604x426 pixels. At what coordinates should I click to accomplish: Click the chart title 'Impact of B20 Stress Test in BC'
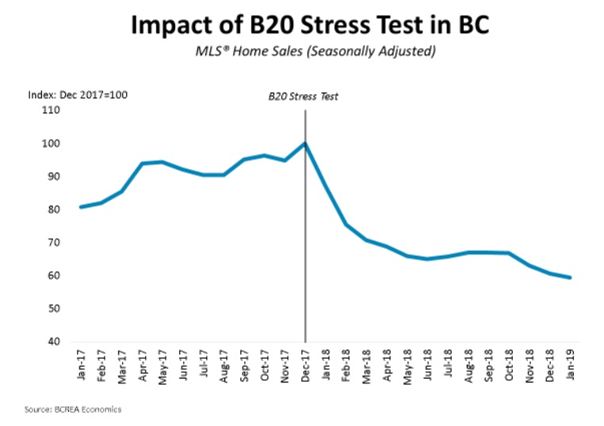click(x=303, y=26)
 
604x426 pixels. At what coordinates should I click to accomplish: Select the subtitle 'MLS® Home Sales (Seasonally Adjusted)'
click(x=303, y=53)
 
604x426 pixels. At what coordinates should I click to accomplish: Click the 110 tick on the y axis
click(x=52, y=111)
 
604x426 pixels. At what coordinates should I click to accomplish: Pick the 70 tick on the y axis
click(x=53, y=243)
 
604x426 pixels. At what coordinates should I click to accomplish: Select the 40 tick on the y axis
click(x=53, y=342)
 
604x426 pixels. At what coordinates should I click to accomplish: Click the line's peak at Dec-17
click(x=305, y=143)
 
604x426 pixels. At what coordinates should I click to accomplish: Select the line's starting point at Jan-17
click(x=82, y=207)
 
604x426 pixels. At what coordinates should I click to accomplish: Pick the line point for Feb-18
click(x=346, y=224)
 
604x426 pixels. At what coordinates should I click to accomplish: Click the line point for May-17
click(x=163, y=162)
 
